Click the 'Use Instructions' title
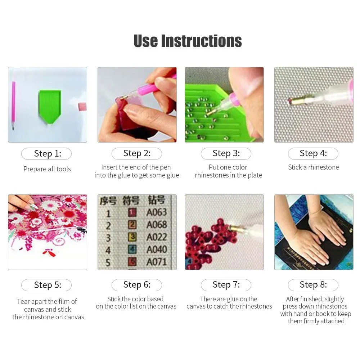[188, 41]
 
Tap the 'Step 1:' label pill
[46, 154]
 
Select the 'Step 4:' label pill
[313, 153]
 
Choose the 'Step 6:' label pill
[137, 285]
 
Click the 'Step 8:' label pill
[313, 285]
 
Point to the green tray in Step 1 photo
[50, 107]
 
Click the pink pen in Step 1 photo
[14, 105]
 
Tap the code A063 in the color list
[157, 212]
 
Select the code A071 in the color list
[157, 262]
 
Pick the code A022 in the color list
[157, 237]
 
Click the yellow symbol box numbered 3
[132, 237]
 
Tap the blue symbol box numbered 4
[132, 249]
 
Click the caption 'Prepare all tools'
[47, 169]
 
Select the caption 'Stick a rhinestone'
[314, 167]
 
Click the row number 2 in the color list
[108, 226]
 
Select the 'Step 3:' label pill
[226, 153]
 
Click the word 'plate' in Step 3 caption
[254, 175]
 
